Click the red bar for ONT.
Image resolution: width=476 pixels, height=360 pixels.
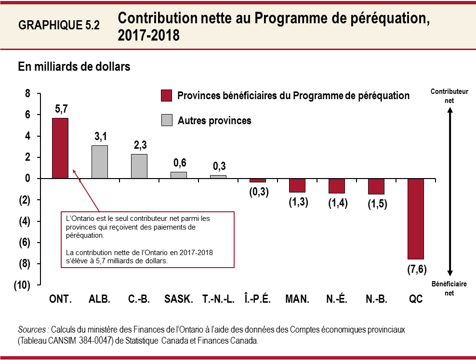point(60,148)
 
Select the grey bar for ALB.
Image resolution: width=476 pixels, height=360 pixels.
point(100,162)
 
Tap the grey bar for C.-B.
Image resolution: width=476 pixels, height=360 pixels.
point(139,166)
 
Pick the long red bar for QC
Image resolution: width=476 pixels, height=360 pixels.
point(416,219)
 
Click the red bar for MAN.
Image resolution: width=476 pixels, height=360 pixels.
point(297,185)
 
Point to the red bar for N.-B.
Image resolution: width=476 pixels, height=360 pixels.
point(376,186)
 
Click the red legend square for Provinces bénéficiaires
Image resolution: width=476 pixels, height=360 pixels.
point(166,96)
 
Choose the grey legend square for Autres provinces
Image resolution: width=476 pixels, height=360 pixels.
point(166,121)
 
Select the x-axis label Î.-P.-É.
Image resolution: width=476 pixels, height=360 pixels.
point(258,299)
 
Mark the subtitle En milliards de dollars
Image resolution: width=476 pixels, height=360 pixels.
point(74,67)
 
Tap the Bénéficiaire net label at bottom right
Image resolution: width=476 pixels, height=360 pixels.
point(449,288)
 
